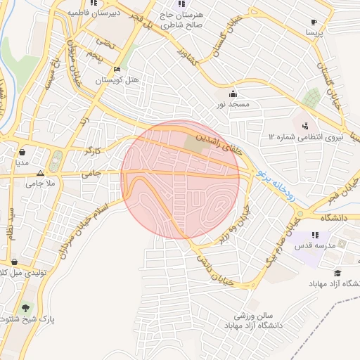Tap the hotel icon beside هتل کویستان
[117, 69]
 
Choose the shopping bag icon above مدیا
[22, 151]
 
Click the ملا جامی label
[39, 184]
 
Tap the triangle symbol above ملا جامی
[40, 172]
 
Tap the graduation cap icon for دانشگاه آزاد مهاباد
[337, 273]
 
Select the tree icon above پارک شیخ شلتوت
[27, 308]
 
